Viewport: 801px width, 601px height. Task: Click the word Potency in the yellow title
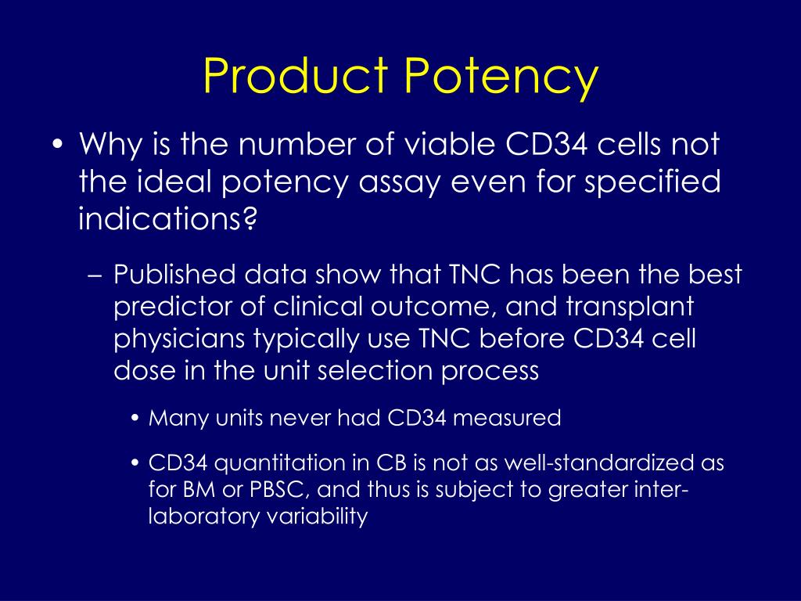tap(501, 77)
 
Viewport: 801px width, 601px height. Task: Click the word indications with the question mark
tap(167, 219)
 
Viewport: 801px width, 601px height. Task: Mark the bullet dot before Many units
tap(136, 419)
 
